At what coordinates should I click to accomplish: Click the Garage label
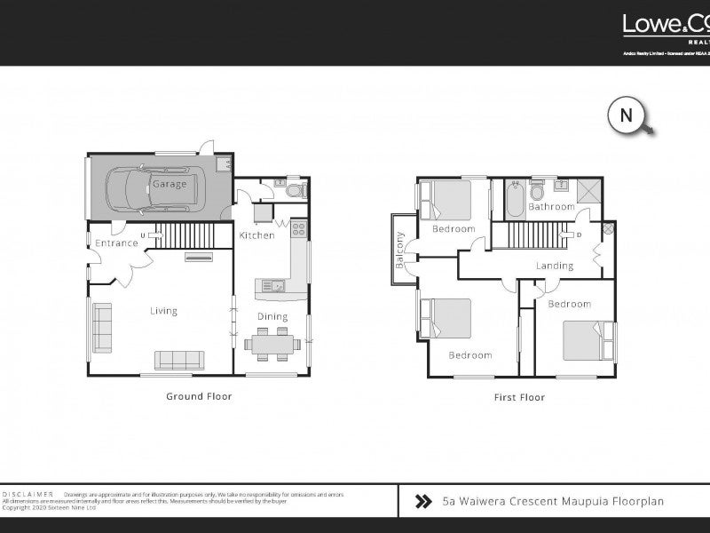tap(169, 184)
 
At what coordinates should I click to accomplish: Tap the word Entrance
tap(116, 243)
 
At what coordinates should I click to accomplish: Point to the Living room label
tap(163, 311)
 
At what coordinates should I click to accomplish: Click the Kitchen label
tap(256, 235)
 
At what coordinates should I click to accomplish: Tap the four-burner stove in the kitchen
tap(298, 229)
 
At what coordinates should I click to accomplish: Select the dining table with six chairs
tap(270, 345)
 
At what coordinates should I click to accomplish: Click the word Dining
tap(272, 316)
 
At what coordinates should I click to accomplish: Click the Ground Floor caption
tap(199, 396)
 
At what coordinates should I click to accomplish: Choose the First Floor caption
tap(519, 397)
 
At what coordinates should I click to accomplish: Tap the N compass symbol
tap(626, 115)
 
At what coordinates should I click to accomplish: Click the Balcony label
tap(400, 251)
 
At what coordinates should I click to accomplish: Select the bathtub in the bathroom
tap(514, 200)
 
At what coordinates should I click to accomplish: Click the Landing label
tap(555, 266)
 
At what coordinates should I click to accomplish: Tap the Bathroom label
tap(551, 207)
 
